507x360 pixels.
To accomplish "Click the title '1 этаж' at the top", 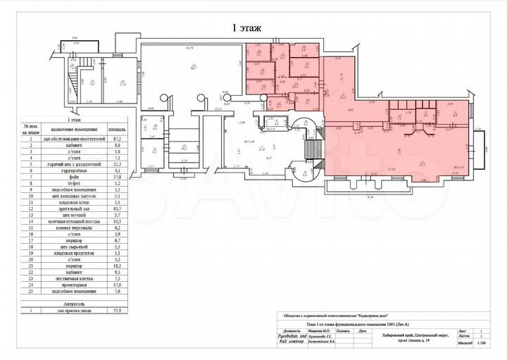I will pos(246,28).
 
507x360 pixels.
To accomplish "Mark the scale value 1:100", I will pos(482,344).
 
